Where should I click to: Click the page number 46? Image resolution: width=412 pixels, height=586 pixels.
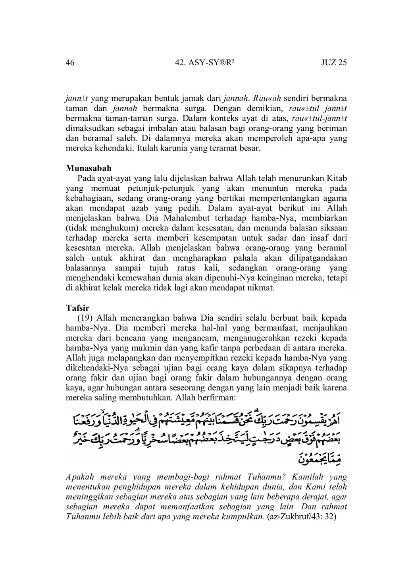(x=70, y=62)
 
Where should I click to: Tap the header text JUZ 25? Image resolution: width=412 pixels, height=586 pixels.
(x=334, y=62)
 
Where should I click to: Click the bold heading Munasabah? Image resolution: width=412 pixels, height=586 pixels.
(x=89, y=168)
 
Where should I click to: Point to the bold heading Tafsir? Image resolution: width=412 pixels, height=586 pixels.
(x=77, y=308)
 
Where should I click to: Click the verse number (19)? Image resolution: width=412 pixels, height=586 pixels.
(x=85, y=318)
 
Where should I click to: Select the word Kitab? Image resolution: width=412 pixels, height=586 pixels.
(x=337, y=178)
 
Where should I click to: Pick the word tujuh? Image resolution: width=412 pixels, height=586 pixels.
(x=159, y=268)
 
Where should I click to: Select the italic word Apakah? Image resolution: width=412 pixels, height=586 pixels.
(x=79, y=477)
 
